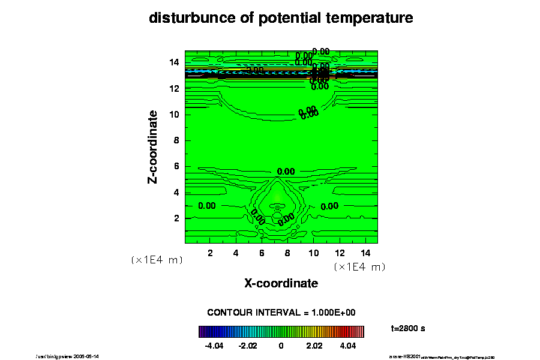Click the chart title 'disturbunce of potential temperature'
(281, 19)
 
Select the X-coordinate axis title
(281, 283)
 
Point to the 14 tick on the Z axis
(175, 62)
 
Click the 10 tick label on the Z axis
(175, 114)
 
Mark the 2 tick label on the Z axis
(177, 218)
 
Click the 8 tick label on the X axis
(287, 253)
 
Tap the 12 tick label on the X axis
(339, 253)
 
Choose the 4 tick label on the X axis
(236, 253)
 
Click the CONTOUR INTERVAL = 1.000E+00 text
(281, 313)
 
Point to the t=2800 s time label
(408, 328)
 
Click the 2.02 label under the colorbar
(314, 346)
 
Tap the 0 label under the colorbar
(281, 346)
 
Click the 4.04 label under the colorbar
(347, 346)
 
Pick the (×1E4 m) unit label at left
(157, 260)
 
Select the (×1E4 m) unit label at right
(359, 266)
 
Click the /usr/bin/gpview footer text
(68, 356)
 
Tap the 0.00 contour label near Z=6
(286, 171)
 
